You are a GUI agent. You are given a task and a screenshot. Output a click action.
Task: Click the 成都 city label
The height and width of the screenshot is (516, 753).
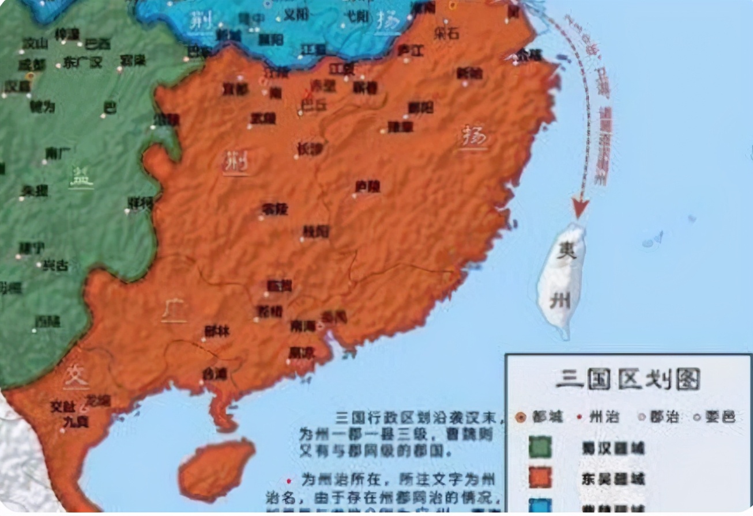(31, 64)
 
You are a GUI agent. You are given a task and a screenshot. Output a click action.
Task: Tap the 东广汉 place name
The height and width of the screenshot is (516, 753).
(83, 62)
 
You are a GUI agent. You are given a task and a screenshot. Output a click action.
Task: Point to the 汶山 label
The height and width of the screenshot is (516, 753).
(35, 43)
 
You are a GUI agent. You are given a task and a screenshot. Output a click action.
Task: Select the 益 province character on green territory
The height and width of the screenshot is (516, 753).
(81, 177)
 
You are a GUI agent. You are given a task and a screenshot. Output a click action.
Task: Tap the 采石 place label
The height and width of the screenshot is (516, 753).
(447, 33)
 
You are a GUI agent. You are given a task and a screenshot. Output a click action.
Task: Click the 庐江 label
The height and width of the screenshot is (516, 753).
(411, 51)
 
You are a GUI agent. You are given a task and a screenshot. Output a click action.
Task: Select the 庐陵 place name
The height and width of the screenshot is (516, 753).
(367, 187)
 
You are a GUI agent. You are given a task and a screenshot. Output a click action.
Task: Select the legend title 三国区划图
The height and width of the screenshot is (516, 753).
(627, 379)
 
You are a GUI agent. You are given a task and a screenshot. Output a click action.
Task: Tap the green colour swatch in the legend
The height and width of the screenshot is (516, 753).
(540, 447)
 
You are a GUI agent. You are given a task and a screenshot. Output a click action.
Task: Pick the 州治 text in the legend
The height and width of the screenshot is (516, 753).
(602, 416)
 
